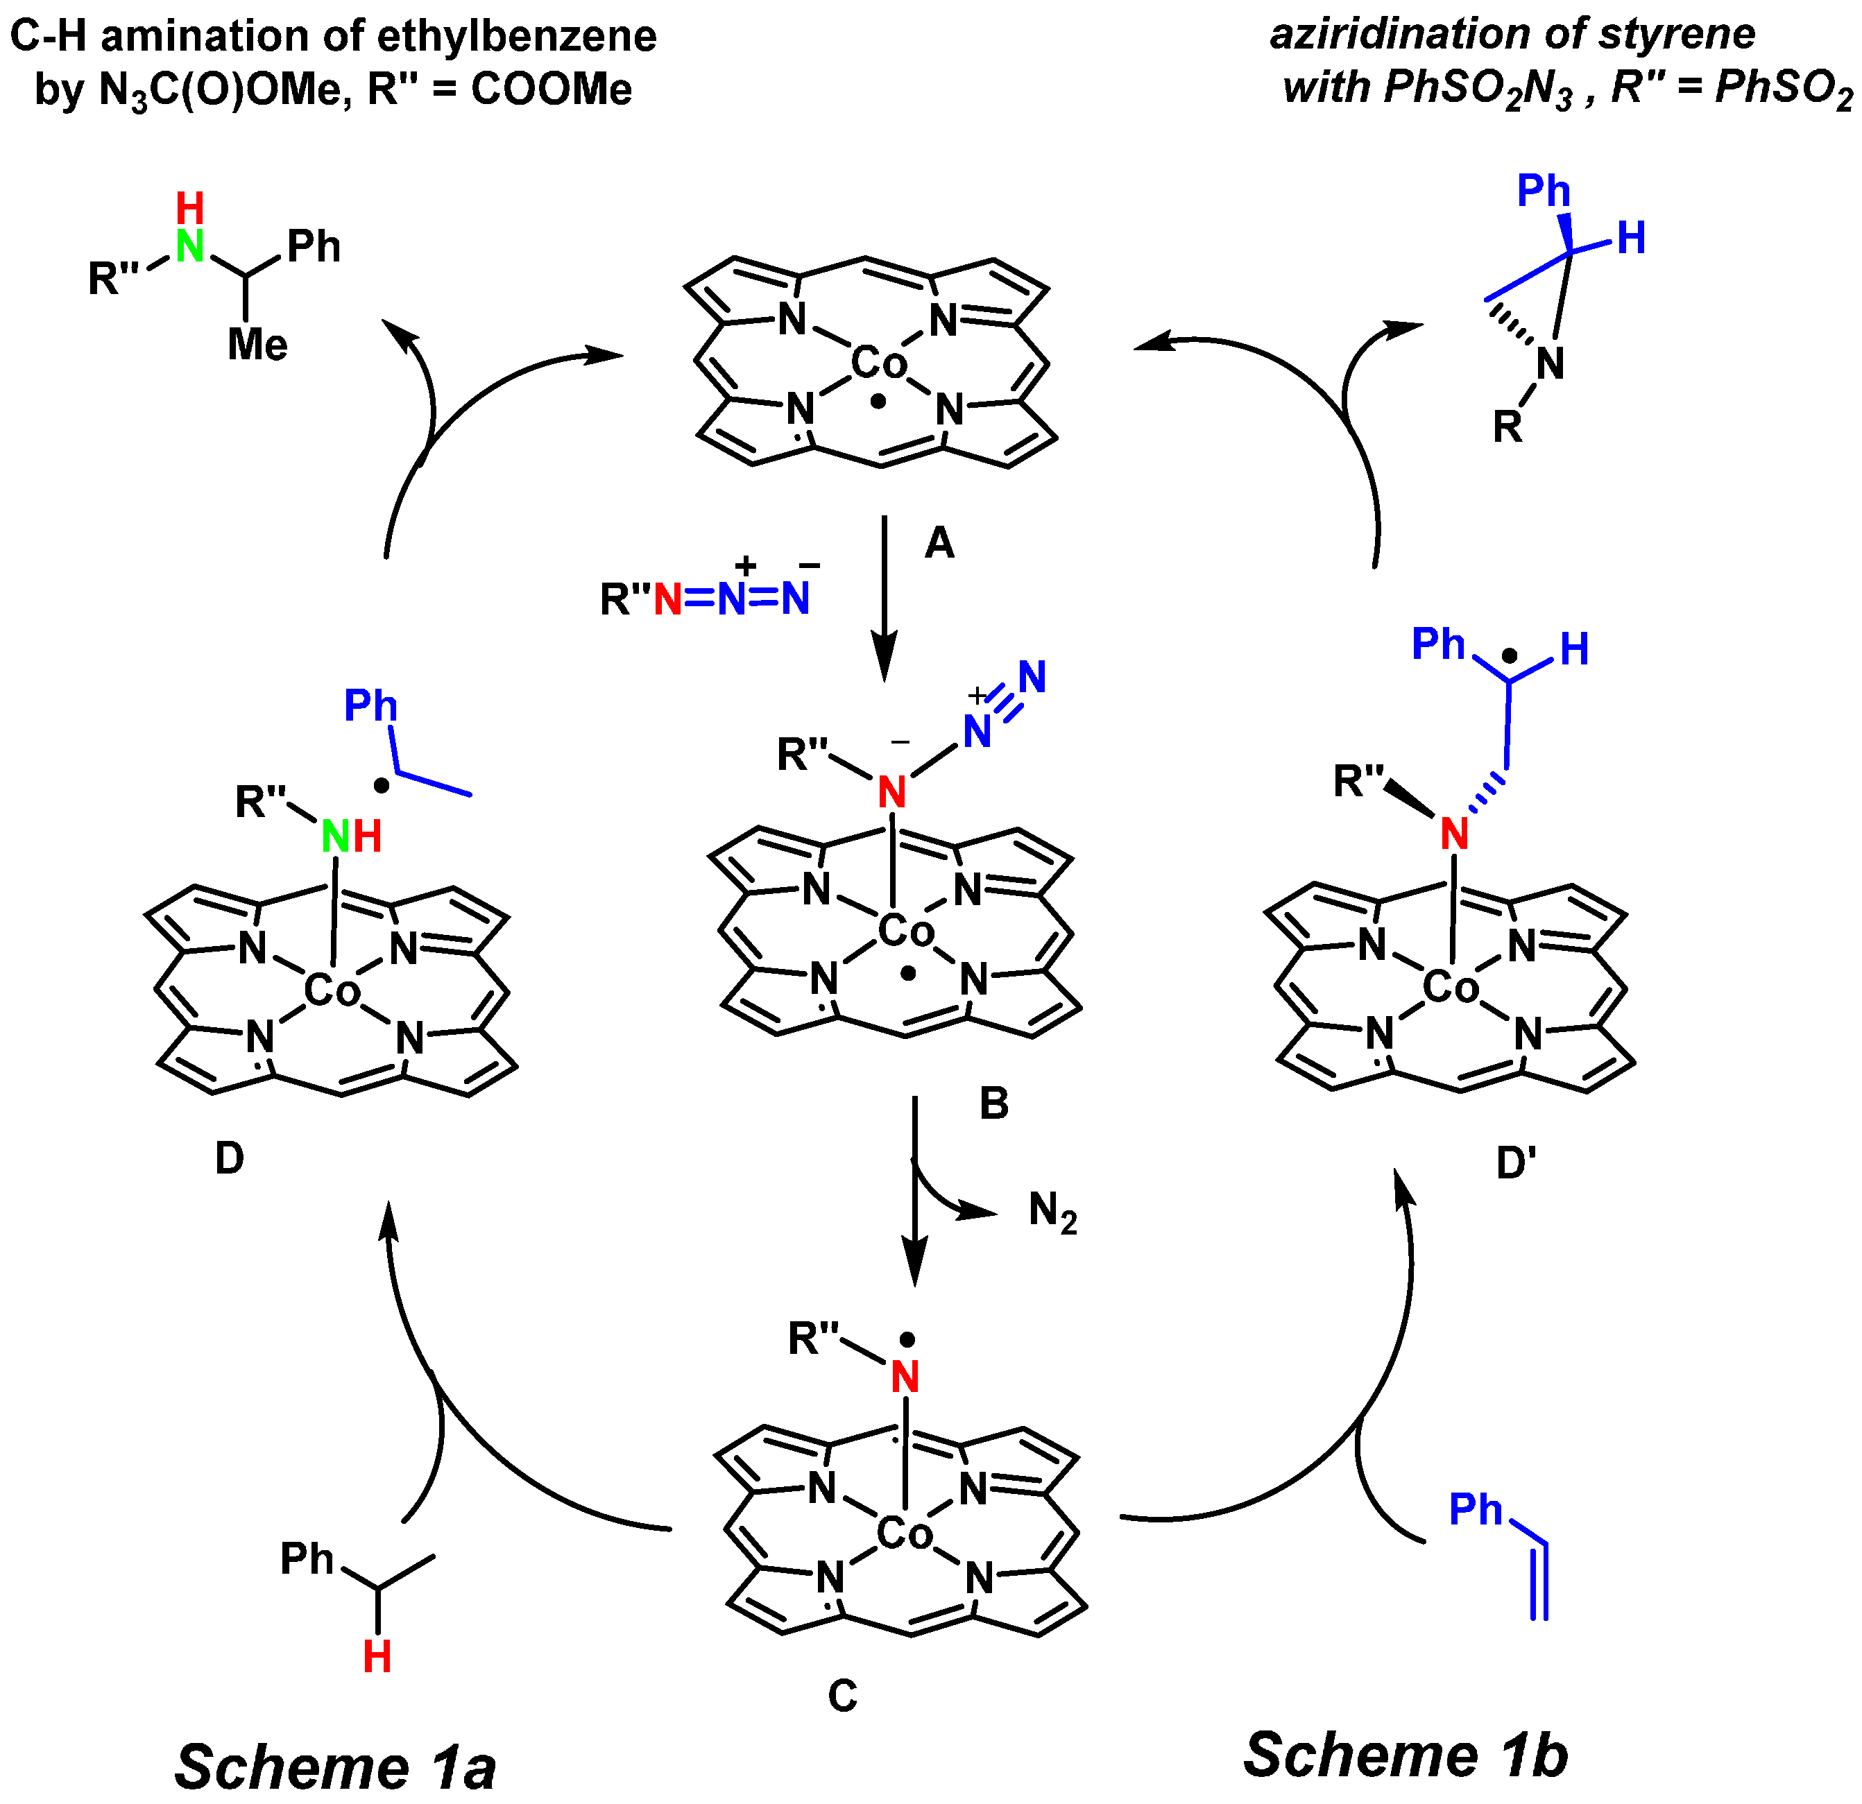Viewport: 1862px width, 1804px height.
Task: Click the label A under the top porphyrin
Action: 939,543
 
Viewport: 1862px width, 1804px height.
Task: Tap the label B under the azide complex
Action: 993,1103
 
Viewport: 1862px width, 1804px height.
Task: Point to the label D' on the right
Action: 1517,1162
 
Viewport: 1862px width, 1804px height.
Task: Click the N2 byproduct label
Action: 1052,1213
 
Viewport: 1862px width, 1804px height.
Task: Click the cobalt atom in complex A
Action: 879,362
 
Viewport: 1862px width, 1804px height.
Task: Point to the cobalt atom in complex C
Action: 905,1532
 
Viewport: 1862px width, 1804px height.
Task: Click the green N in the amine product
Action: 190,247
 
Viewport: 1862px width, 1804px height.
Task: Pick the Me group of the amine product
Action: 257,344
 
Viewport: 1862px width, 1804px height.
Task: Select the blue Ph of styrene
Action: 1476,1509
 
